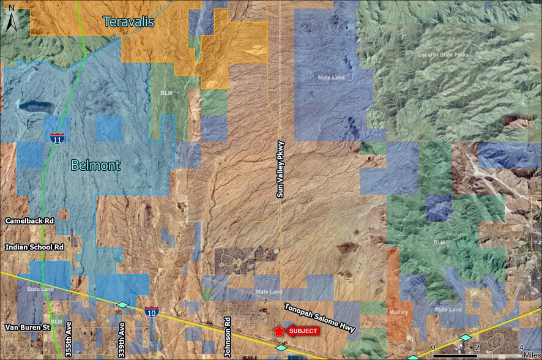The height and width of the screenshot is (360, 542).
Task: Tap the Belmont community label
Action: [x=95, y=165]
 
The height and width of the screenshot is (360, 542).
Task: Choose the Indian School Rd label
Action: [x=34, y=247]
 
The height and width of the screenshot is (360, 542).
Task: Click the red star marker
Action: [x=279, y=331]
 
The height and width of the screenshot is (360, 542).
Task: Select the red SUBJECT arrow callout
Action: [x=303, y=331]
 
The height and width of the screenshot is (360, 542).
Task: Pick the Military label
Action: [x=398, y=312]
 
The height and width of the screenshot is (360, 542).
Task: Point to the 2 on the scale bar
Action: [x=477, y=348]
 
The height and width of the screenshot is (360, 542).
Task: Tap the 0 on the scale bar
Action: [x=433, y=348]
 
